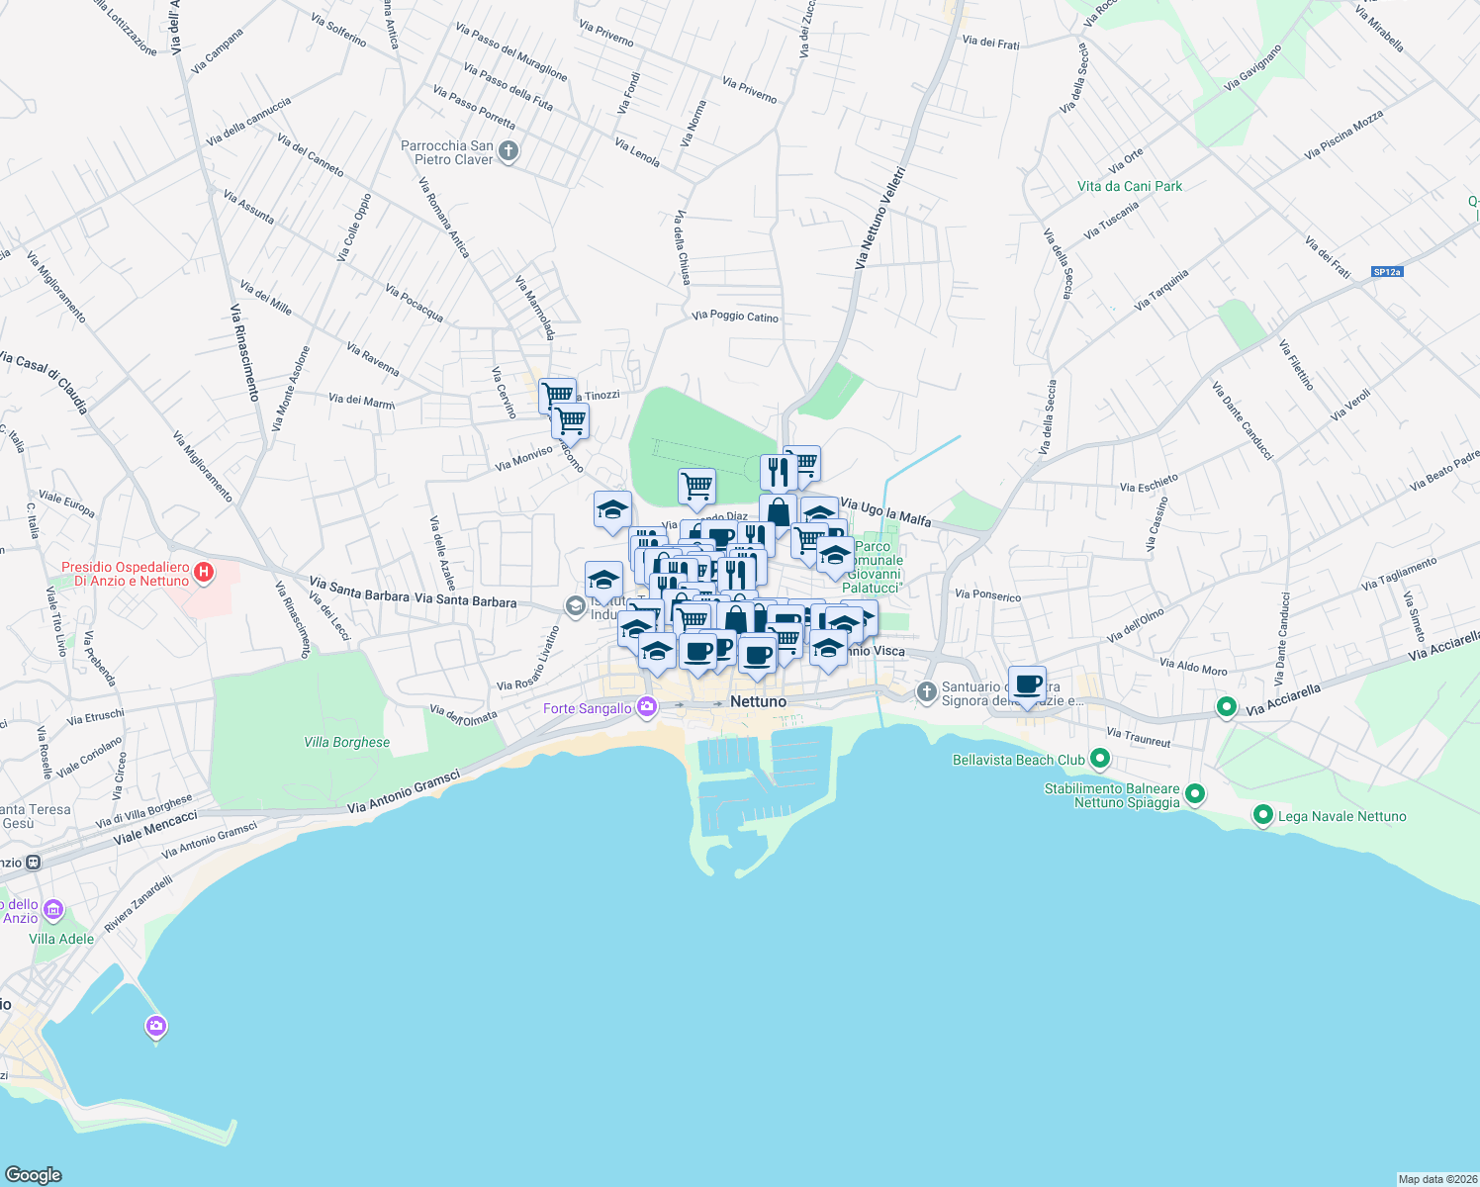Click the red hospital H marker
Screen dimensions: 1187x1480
coord(204,572)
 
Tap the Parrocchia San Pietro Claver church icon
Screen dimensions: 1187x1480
coord(509,151)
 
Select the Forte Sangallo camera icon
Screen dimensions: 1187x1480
coord(647,706)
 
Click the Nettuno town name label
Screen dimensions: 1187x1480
coord(758,701)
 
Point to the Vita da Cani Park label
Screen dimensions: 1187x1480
coord(1130,186)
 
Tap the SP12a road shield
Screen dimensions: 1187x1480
coord(1387,272)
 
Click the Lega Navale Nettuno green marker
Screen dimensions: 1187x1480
coord(1262,815)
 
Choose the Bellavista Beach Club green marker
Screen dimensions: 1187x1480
coord(1100,759)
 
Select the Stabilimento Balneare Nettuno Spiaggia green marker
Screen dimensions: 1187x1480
coord(1194,793)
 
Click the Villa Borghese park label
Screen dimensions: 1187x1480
coord(346,742)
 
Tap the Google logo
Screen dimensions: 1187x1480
coord(33,1174)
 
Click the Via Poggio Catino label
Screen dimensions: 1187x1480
coord(735,316)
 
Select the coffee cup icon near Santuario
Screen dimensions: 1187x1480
coord(1027,684)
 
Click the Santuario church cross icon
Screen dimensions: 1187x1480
coord(926,691)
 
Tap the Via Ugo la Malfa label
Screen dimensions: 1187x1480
coord(884,512)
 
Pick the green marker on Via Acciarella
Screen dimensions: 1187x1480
coord(1227,706)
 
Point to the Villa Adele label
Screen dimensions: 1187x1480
coord(61,939)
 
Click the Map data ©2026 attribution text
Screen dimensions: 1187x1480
coord(1437,1179)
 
